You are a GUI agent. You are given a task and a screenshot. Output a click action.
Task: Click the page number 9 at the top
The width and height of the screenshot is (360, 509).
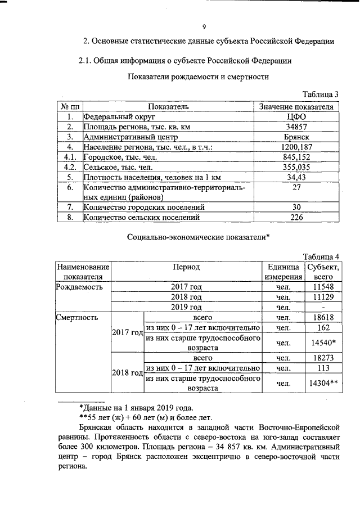tap(205, 26)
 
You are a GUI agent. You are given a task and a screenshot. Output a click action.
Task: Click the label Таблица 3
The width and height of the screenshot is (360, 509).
tap(321, 94)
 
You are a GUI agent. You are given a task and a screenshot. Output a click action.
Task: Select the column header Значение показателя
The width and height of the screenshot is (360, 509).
tap(296, 106)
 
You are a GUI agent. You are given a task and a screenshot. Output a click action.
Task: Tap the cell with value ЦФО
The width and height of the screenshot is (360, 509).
tap(296, 117)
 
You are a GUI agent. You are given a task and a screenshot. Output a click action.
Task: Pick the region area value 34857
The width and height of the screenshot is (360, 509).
tap(296, 127)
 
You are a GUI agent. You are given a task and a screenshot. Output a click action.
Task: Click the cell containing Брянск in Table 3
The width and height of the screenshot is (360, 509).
tap(296, 137)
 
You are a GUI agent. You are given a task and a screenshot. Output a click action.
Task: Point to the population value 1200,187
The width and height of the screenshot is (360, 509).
tap(296, 147)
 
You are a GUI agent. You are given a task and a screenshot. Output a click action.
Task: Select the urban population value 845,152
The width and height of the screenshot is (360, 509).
tap(296, 157)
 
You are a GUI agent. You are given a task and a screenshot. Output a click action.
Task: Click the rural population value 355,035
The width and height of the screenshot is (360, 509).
tap(296, 167)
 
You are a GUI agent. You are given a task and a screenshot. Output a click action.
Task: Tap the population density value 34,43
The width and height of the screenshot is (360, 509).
tap(296, 177)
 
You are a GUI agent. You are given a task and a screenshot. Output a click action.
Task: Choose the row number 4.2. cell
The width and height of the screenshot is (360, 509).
tap(70, 167)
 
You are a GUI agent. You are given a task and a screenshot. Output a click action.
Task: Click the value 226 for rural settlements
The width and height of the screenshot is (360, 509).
tap(296, 217)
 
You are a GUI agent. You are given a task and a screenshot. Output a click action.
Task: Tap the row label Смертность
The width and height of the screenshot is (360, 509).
tap(78, 317)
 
